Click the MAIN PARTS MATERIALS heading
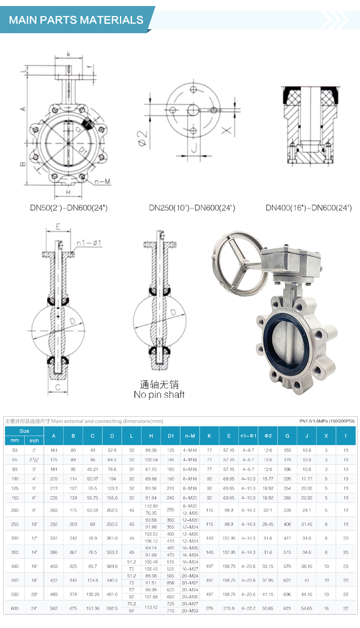pos(76,20)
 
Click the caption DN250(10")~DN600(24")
pos(192,208)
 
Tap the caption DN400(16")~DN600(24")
pos(308,208)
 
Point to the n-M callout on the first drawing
pos(102,182)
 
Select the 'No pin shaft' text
pos(159,395)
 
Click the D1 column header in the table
pos(171,436)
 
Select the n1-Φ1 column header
pos(248,436)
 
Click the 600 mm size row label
pos(15,608)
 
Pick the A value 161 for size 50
pos(54,450)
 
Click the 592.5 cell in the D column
pos(112,608)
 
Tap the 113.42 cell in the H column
pos(151,607)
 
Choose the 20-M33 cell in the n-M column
pos(190,611)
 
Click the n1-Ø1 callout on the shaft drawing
pos(89,243)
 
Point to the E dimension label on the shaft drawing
pos(58,227)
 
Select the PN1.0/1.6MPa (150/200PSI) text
pos(327,421)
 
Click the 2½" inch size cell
pos(34,460)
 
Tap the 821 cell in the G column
pos(287,608)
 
